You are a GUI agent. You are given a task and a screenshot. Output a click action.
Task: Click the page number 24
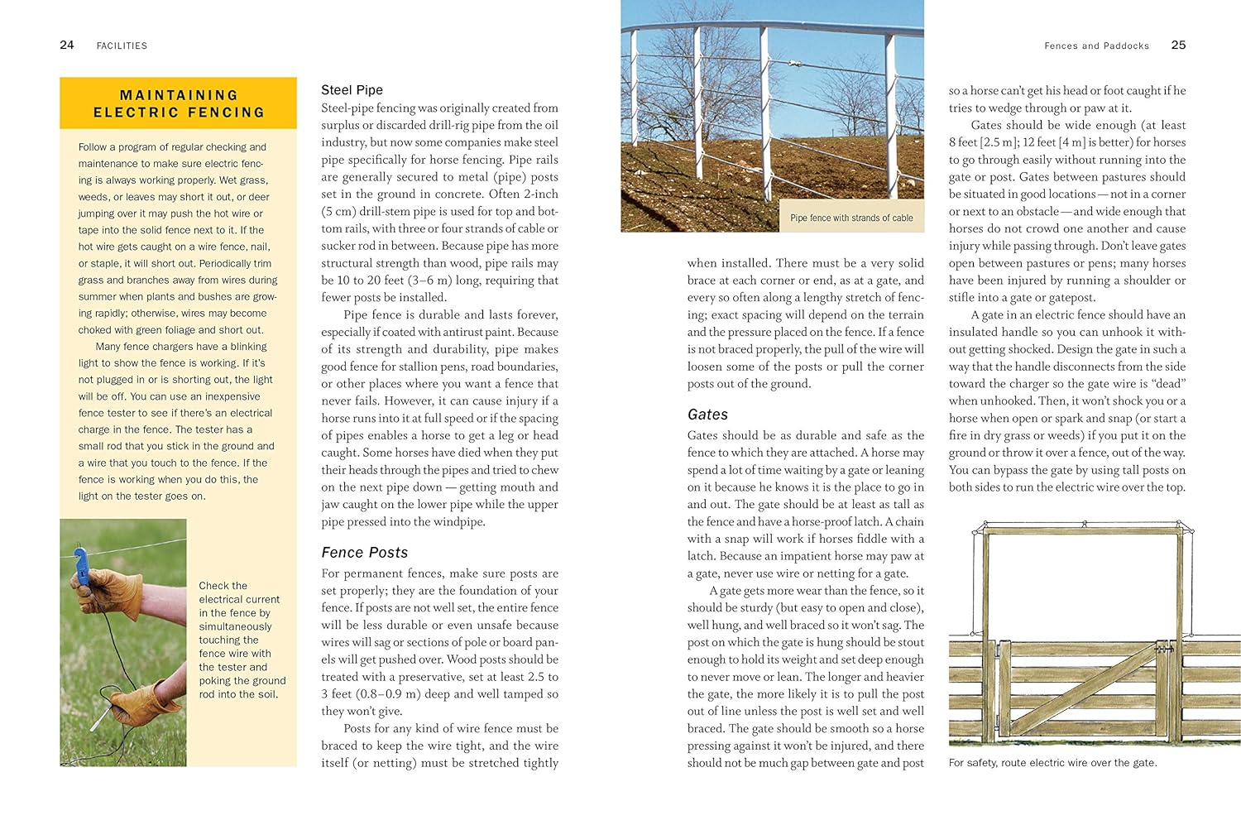click(x=67, y=45)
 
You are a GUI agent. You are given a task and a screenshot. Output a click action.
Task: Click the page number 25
click(x=1178, y=45)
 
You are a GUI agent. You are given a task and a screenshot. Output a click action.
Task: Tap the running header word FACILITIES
click(x=122, y=46)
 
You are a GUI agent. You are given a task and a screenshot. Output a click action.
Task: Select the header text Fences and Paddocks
click(x=1096, y=46)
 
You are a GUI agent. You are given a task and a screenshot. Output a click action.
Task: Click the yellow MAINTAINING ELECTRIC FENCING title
click(x=178, y=103)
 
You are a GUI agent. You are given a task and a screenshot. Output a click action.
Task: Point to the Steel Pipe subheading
click(x=352, y=89)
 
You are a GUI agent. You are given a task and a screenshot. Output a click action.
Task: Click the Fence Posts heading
click(x=364, y=552)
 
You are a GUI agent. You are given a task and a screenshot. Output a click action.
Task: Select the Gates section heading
click(x=707, y=415)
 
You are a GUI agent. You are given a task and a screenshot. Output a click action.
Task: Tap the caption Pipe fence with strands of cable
click(x=851, y=218)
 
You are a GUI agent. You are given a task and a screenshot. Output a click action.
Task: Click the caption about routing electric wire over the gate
click(x=1052, y=763)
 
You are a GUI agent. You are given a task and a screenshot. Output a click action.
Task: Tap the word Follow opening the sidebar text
click(x=92, y=146)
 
